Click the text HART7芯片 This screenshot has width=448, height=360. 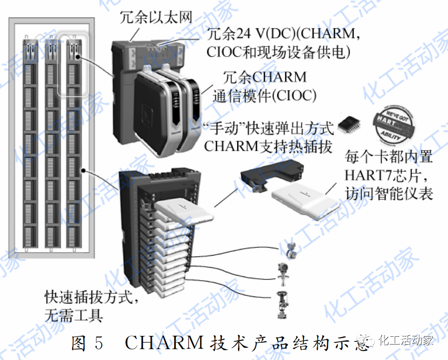[x=383, y=175]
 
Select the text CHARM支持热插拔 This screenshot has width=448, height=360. [x=268, y=146]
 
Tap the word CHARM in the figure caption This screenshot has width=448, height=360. [x=164, y=343]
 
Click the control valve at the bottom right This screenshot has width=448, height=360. [x=281, y=304]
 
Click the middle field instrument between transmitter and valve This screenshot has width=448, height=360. [x=282, y=274]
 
